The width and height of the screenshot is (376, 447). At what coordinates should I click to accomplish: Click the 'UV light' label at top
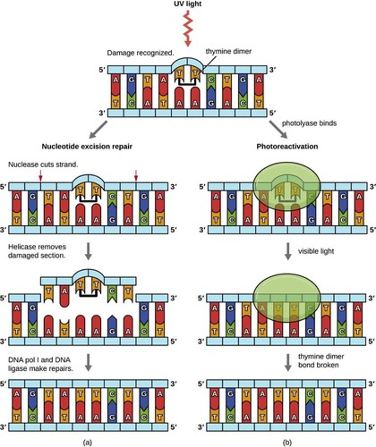[x=188, y=5]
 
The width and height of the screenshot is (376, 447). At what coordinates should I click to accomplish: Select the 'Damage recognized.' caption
[x=140, y=53]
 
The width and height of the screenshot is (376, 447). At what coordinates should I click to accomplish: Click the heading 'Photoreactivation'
[x=287, y=146]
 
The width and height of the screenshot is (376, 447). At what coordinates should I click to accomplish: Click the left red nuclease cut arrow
[x=41, y=176]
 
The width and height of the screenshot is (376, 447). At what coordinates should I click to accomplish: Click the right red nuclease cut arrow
[x=136, y=176]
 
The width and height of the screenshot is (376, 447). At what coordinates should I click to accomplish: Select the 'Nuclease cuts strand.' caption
[x=44, y=164]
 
